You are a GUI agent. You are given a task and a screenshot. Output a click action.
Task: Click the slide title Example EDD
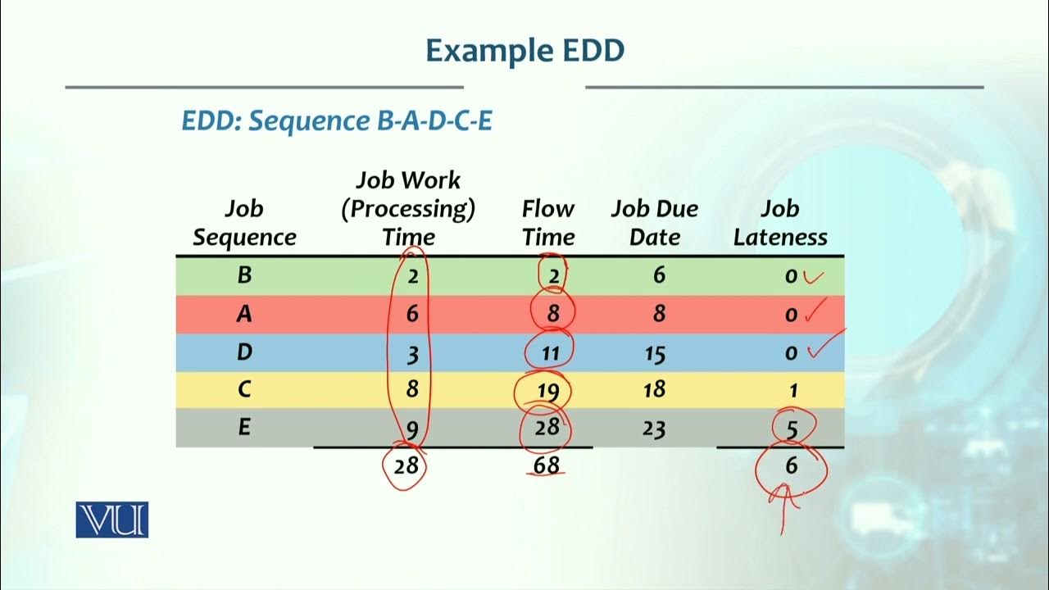[x=524, y=52]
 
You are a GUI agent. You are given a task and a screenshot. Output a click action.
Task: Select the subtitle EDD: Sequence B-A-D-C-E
[x=337, y=121]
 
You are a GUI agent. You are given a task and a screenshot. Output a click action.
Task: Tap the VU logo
[x=112, y=520]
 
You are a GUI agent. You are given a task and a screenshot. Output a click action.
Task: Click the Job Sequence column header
[x=244, y=223]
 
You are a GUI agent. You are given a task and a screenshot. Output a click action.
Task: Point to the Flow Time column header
[x=547, y=223]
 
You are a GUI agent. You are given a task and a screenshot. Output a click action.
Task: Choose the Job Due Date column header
[x=654, y=223]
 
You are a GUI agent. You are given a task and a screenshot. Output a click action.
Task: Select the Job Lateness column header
[x=779, y=223]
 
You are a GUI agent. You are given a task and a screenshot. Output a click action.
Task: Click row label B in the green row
[x=244, y=275]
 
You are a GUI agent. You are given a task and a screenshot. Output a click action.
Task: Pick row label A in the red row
[x=244, y=314]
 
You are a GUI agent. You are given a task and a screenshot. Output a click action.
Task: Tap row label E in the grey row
[x=244, y=428]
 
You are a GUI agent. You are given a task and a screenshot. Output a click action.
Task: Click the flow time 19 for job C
[x=548, y=391]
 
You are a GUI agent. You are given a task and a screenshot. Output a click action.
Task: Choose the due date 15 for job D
[x=654, y=354]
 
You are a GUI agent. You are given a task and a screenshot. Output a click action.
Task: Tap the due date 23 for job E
[x=654, y=429]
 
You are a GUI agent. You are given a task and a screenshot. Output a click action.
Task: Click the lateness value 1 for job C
[x=792, y=391]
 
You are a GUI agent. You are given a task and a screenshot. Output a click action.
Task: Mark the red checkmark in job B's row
[x=812, y=276]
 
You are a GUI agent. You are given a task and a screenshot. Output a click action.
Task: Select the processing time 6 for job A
[x=412, y=314]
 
